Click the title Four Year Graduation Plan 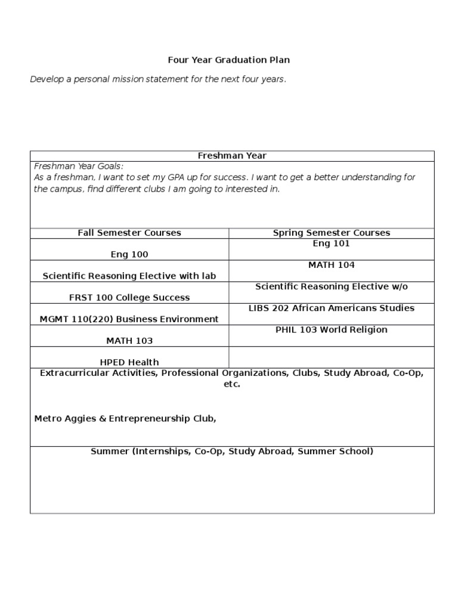pos(228,60)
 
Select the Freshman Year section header pos(232,156)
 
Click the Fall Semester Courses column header pos(129,233)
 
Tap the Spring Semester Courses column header pos(332,233)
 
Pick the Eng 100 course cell pos(129,254)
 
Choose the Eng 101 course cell pos(332,243)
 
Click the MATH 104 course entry pos(332,265)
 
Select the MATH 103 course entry pos(129,340)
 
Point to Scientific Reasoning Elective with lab pos(129,276)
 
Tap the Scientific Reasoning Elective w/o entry pos(332,286)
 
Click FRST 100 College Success pos(129,297)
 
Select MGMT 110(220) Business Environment pos(129,319)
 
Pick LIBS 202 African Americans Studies pos(332,308)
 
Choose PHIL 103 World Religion pos(332,329)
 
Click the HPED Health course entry pos(129,362)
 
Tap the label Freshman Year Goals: pos(78,166)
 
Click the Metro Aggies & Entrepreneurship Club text pos(125,419)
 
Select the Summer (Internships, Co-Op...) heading pos(232,451)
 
